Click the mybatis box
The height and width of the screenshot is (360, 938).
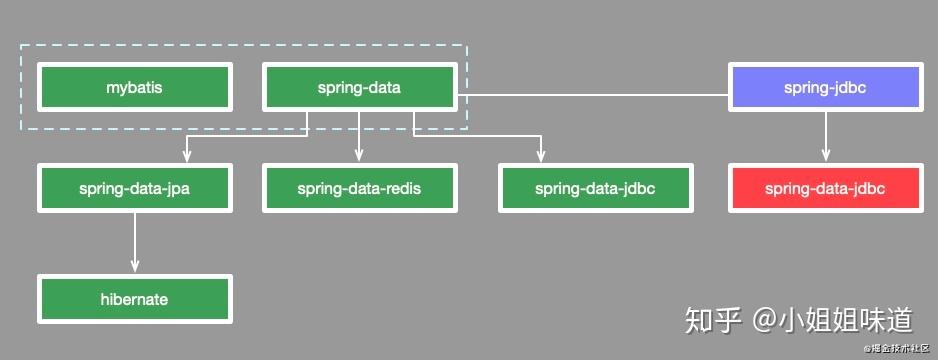coord(134,87)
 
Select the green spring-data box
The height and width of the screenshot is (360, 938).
coord(359,87)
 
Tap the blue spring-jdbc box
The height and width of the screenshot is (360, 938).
coord(826,87)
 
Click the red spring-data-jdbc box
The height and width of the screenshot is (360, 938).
coord(826,188)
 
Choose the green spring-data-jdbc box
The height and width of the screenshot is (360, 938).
coord(596,188)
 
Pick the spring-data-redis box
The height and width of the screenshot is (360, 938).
coord(359,188)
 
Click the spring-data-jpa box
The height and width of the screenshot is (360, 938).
coord(134,188)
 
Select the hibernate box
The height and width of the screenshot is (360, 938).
coord(134,299)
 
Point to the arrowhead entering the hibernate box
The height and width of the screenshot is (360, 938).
coord(134,267)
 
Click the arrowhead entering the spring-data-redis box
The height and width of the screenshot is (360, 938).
coord(359,157)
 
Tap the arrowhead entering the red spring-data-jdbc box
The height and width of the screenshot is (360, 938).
coord(826,157)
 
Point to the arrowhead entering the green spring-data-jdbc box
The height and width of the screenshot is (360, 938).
coord(541,157)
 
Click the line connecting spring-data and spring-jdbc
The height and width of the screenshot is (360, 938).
coord(594,95)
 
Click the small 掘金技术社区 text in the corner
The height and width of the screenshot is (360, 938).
coord(899,349)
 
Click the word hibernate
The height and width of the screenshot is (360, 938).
coord(134,299)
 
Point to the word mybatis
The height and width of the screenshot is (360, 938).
coord(134,87)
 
